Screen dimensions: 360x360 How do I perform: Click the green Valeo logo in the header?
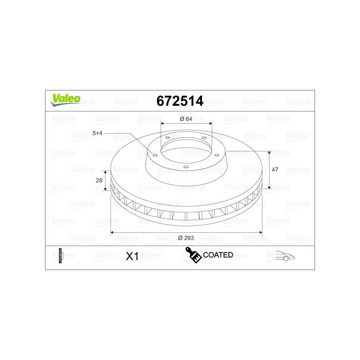coord(66,100)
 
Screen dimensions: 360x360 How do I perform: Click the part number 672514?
coord(180,101)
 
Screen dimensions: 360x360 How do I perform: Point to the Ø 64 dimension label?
coord(186,119)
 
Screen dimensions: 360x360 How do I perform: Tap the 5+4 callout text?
coord(97,133)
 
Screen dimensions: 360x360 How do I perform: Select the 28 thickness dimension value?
coord(99,180)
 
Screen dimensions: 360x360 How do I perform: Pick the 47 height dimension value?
coord(275,170)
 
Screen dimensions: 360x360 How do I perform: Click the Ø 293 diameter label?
coord(186,238)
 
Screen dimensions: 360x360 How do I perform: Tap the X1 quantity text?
coord(132,256)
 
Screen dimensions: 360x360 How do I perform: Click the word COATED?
coord(218,255)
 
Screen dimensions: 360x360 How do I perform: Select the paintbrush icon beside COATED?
coord(193,255)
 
